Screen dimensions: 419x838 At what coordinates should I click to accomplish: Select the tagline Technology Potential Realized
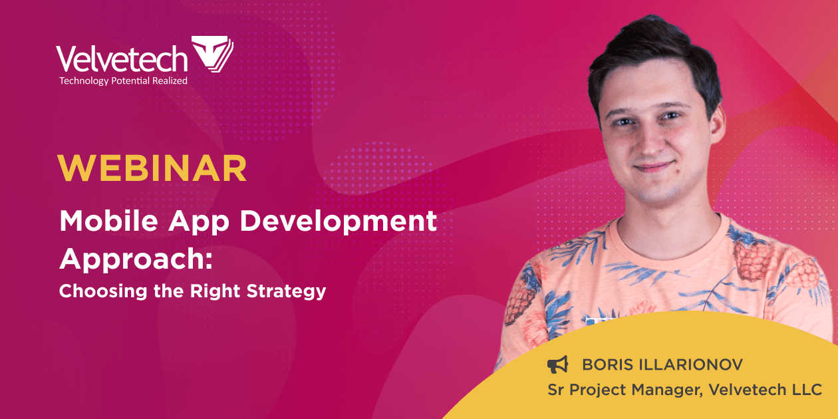tap(123, 80)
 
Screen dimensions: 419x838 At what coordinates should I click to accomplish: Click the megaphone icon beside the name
tap(557, 364)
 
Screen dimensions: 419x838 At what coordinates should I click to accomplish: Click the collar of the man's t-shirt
tap(665, 229)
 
